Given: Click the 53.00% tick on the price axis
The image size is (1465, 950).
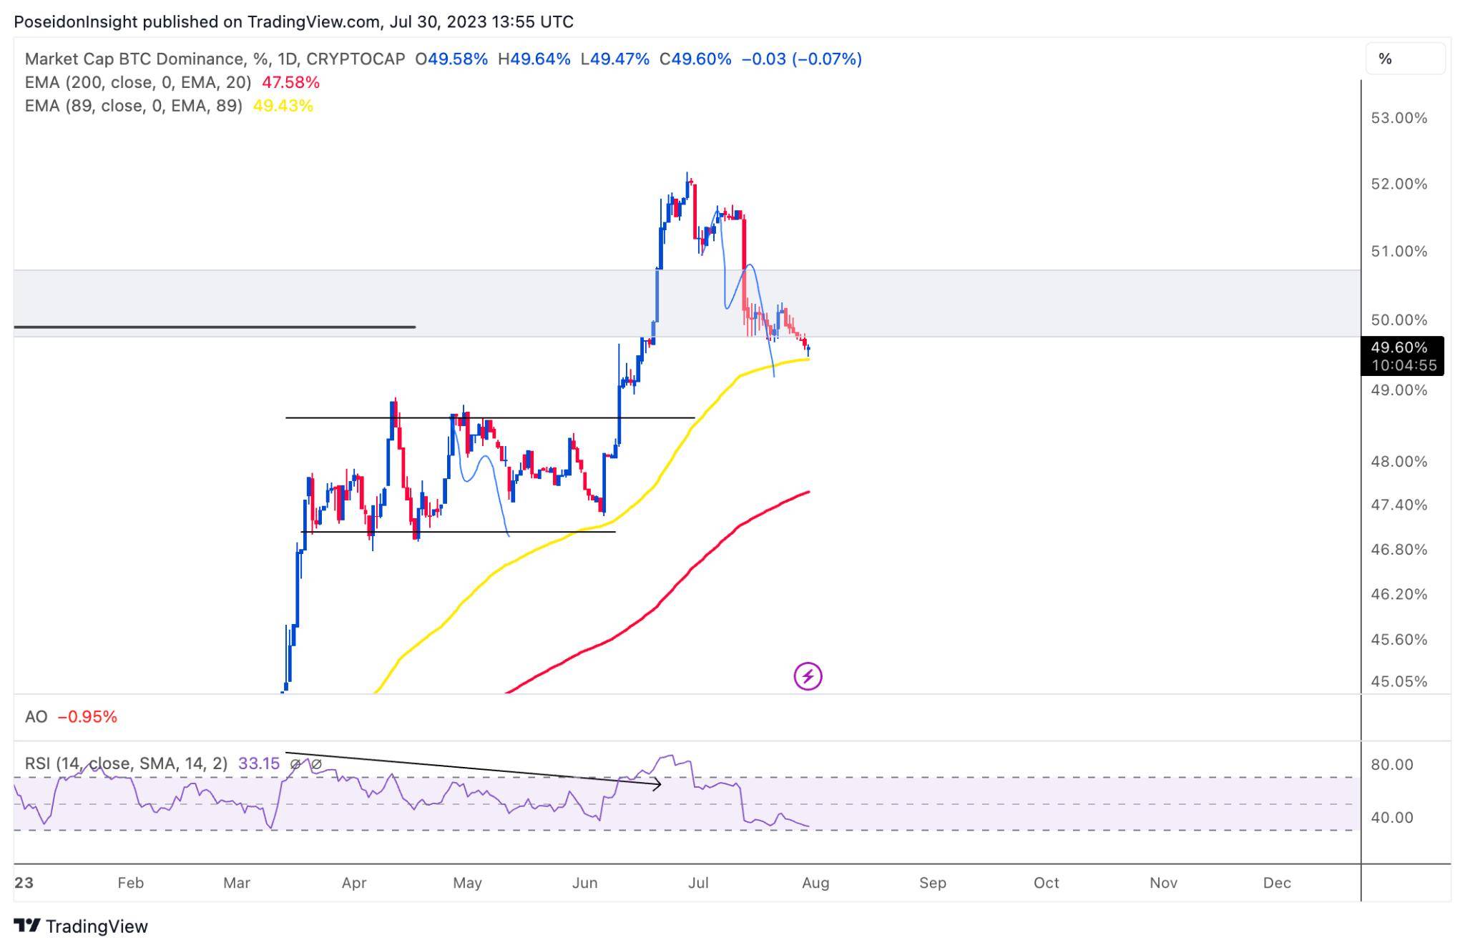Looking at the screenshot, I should [1398, 118].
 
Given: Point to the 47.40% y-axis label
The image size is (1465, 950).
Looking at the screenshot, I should [1398, 505].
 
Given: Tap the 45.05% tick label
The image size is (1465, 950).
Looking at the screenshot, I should [1398, 681].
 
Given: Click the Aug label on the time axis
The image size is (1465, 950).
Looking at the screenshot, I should [815, 883].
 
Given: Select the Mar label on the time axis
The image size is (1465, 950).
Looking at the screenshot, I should [237, 883].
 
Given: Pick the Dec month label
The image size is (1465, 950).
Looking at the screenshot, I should [1277, 883].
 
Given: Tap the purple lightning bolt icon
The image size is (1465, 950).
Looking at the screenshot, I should [808, 676].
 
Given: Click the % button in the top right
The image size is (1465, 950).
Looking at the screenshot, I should [1386, 59].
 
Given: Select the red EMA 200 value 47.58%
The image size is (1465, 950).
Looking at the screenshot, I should [290, 82].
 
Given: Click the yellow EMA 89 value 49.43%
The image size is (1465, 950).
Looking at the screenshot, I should [283, 106].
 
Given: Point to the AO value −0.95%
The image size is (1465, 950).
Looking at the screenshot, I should [87, 717].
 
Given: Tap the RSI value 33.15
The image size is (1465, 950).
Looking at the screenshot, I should [258, 763].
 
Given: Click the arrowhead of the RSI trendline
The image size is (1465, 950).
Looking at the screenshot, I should [658, 785].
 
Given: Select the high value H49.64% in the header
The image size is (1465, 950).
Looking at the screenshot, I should [534, 59].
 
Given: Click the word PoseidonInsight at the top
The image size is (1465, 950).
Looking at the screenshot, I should [75, 21].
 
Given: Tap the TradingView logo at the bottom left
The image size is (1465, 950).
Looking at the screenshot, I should [81, 926].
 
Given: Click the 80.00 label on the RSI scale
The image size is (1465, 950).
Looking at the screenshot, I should [1391, 764].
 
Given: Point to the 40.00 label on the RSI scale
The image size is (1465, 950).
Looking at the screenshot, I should [1391, 817].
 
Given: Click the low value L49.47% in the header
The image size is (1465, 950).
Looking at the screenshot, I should [615, 59].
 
